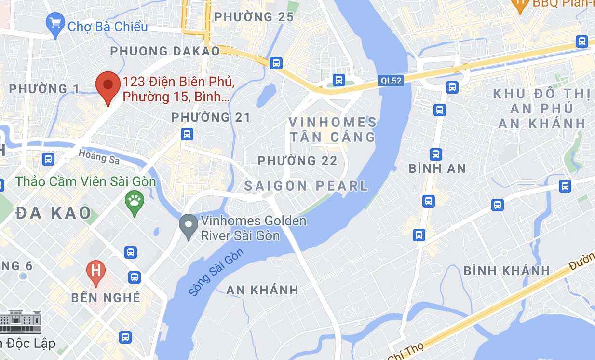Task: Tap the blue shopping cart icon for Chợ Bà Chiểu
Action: point(55,24)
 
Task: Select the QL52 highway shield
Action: point(391,81)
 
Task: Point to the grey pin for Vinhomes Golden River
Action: point(188,226)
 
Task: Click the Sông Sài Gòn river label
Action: point(216,273)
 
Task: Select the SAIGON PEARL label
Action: point(306,186)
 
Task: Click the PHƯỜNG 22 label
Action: point(297,161)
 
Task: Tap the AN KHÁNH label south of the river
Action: point(262,290)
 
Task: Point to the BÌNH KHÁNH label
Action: point(507,271)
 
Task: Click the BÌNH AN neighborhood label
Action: point(437,168)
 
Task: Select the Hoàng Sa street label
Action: point(99,156)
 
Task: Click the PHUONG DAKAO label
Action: point(165,51)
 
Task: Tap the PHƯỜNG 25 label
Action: point(254,17)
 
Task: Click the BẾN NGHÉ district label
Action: point(106,297)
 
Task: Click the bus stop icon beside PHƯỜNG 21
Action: point(187,134)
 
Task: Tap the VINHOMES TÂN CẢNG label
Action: point(333,129)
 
